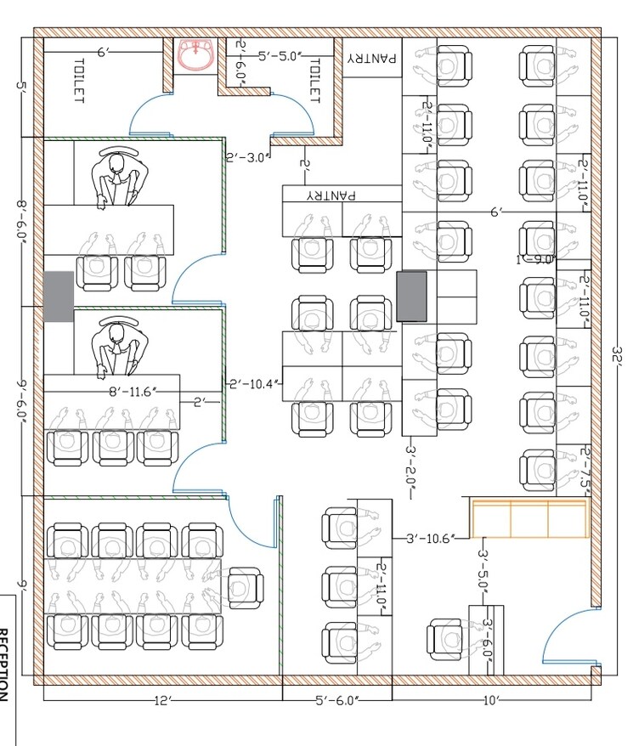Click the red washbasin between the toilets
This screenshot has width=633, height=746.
tap(198, 55)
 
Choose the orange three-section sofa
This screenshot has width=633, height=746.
tap(529, 518)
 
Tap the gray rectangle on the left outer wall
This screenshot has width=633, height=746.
tap(59, 297)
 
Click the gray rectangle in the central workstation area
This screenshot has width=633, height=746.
tap(411, 296)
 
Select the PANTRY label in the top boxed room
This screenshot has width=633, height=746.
tap(371, 58)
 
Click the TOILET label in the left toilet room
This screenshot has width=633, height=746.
tap(79, 81)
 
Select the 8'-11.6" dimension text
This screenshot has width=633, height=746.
tap(132, 392)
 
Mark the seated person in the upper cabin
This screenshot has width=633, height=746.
tap(116, 178)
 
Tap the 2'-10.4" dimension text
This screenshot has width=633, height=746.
tap(252, 383)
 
